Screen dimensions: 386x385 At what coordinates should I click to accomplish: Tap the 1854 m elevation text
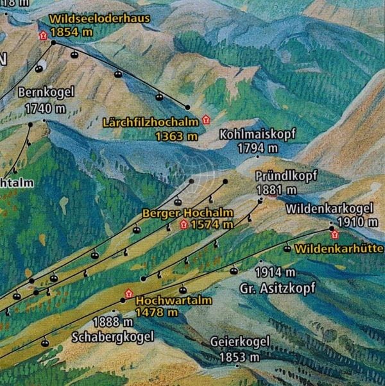76,31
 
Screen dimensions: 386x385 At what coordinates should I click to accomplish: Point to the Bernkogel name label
46,92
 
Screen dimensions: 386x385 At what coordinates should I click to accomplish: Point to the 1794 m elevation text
258,148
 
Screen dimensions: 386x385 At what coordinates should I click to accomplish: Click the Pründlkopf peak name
286,176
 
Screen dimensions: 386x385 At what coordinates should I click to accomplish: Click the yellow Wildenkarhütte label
341,248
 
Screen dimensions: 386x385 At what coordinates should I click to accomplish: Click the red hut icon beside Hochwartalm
128,293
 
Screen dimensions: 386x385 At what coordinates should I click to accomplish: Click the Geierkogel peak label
240,342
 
